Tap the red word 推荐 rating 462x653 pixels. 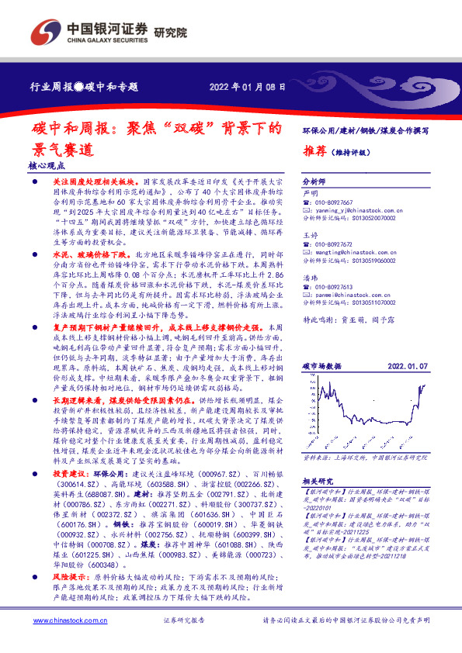[314, 150]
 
